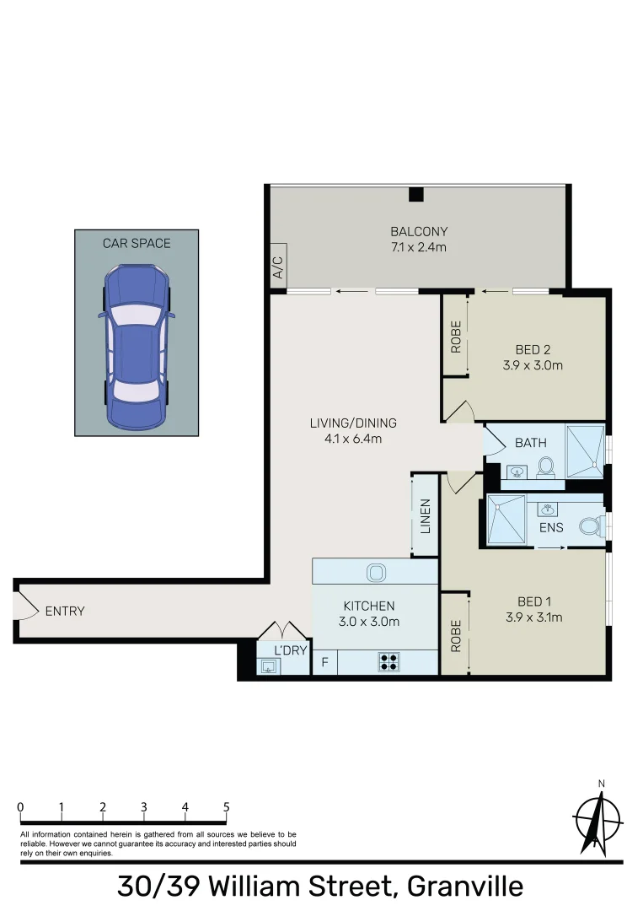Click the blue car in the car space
coord(137,346)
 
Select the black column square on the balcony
coord(415,195)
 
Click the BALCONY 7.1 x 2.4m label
coord(418,239)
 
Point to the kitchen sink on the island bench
coord(375,573)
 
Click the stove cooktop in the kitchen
coord(388,662)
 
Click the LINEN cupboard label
coord(426,516)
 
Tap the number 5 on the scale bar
coord(226,806)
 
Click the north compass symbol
coord(597,818)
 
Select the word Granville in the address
coord(464,887)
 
